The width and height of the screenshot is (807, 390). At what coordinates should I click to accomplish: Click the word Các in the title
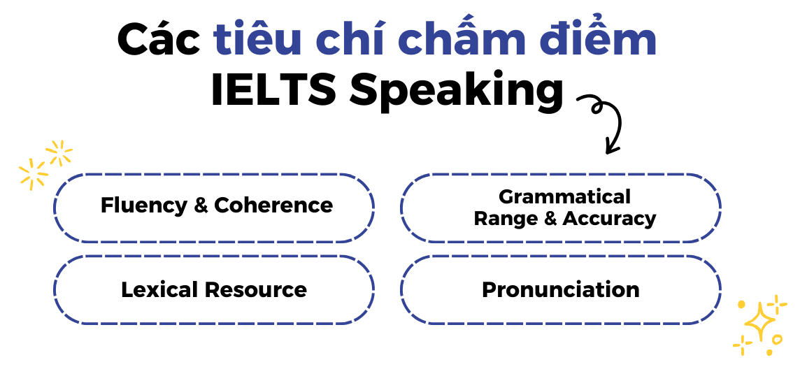[x=159, y=38]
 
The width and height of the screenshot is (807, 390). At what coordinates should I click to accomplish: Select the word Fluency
[x=144, y=206]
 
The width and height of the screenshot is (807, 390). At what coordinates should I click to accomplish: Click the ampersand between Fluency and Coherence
[x=201, y=205]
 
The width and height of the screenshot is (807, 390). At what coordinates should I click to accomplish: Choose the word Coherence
[x=274, y=205]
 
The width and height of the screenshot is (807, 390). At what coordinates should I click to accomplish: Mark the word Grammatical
[x=564, y=196]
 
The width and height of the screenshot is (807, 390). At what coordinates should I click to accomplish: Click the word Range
[x=509, y=219]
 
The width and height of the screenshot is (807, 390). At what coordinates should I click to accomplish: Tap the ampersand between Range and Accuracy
[x=553, y=218]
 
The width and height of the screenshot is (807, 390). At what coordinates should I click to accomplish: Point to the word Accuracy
[x=610, y=219]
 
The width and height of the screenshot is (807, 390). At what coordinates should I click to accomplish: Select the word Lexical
[x=161, y=289]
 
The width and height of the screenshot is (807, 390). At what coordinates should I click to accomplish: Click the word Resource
[x=257, y=289]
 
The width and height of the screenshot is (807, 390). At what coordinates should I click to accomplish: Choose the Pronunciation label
[x=561, y=290]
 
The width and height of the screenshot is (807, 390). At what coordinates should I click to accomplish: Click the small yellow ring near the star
[x=777, y=339]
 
